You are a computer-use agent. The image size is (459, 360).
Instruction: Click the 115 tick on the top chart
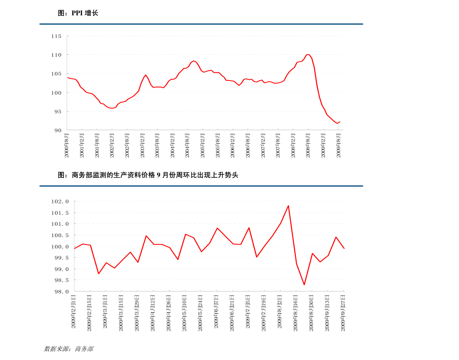coord(56,36)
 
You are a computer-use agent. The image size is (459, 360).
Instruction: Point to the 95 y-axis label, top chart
coord(57,112)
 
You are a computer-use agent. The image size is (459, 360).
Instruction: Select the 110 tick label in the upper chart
coord(56,55)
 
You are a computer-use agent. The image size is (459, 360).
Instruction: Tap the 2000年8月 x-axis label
coord(67,145)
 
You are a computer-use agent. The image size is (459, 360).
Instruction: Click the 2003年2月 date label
coord(142,145)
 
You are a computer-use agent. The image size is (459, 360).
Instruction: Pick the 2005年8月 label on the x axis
coord(218,145)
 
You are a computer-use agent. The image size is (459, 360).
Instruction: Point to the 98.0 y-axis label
coord(61,291)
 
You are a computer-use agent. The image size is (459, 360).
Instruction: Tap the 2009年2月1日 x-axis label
coord(74,312)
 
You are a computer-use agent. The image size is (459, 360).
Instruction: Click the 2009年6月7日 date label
coord(217,312)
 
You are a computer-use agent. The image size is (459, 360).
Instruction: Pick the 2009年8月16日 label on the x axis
coord(296,312)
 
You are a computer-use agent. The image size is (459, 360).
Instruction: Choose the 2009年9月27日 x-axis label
coord(343,312)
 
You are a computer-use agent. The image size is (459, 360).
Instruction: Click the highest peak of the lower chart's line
coord(288,206)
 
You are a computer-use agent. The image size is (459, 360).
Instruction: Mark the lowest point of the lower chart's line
coord(304,285)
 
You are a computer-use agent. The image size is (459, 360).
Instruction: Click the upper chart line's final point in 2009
coord(340,122)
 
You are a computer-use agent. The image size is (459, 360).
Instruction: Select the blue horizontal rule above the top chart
coord(201,24)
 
